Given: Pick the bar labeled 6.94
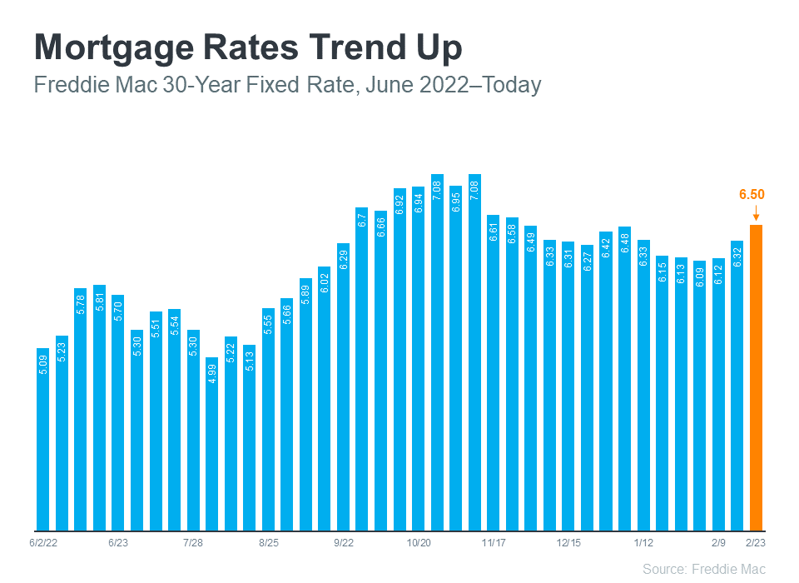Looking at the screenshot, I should point(418,357).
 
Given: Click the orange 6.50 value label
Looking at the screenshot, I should point(752,195).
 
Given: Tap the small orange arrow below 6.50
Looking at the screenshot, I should point(756,214).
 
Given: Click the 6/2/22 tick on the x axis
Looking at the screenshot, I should point(42,542).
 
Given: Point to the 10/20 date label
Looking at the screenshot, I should point(418,542).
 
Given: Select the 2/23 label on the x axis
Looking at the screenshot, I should point(756,542).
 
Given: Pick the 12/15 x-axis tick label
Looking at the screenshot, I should point(568,542).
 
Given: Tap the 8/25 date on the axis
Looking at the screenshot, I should point(268,542).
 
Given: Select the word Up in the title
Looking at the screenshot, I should point(438,48).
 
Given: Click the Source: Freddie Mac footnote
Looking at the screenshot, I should point(703,569).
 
